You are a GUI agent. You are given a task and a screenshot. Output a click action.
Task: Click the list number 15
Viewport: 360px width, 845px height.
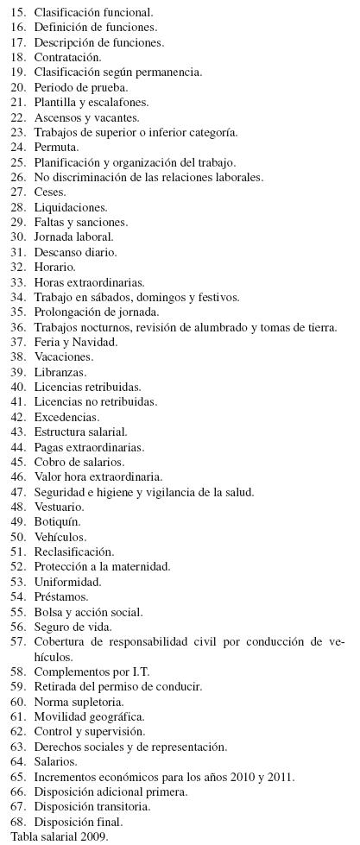coord(17,13)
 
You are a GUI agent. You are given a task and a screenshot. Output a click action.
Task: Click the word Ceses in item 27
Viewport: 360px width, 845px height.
coord(50,192)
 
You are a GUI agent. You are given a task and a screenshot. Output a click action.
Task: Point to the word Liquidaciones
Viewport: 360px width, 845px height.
coord(70,208)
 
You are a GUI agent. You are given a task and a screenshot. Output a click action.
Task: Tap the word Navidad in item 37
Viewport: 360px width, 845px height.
coord(98,343)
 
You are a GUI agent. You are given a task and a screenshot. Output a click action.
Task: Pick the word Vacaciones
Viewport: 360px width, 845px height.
coord(63,357)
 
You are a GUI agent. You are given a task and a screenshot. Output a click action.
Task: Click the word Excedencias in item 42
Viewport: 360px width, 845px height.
coord(66,417)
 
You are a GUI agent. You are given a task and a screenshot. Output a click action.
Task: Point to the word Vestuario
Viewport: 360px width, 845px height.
coord(59,507)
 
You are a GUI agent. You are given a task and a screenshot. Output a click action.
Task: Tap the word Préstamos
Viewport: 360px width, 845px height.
coord(61,597)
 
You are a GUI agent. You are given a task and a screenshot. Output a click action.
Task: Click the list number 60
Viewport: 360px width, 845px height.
coord(17,702)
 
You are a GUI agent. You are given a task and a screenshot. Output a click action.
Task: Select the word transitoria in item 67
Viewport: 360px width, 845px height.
coord(120,807)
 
